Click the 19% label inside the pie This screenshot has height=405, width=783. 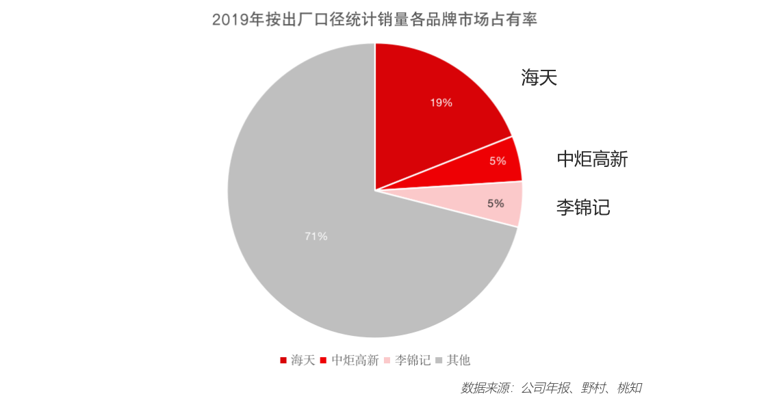441,103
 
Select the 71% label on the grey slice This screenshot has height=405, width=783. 316,236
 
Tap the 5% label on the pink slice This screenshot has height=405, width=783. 496,203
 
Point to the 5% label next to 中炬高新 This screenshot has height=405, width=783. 498,161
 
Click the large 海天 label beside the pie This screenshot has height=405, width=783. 539,77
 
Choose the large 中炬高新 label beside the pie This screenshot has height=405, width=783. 592,159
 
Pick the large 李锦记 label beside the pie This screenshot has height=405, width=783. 582,207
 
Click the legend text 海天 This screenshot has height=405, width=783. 303,360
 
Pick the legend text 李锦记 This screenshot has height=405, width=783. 413,360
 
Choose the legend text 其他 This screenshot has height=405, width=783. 459,360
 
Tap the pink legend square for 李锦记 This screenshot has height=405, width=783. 387,360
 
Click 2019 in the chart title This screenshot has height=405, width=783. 230,20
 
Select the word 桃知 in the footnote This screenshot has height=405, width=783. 629,388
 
